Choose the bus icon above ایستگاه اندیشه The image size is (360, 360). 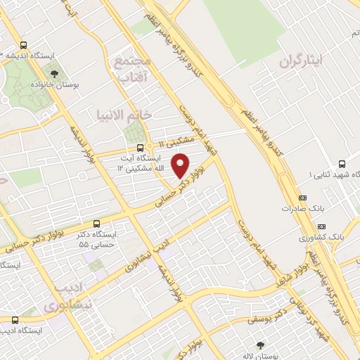point(24,44)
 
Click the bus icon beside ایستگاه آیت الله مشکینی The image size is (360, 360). point(141,148)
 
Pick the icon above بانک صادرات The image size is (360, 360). point(303,198)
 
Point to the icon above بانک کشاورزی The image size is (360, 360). point(321,226)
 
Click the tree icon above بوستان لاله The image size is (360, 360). point(261,345)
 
